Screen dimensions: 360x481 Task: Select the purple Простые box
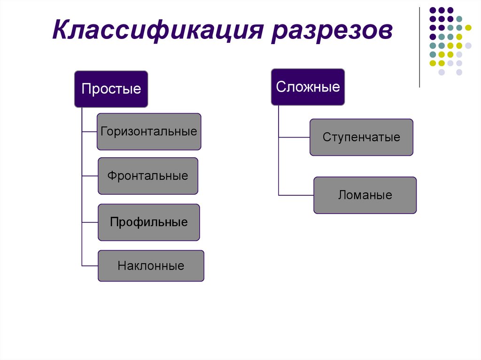(x=111, y=89)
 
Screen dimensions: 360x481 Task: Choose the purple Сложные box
(x=308, y=87)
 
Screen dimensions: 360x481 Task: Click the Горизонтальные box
(x=149, y=131)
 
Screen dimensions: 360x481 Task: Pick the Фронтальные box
(x=148, y=176)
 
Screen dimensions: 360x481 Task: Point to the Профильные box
(x=149, y=222)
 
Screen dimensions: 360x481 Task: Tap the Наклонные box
(x=151, y=266)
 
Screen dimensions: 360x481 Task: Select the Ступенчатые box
(x=361, y=137)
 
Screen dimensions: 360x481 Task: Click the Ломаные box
(x=365, y=195)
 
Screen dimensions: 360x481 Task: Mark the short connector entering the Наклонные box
(x=90, y=266)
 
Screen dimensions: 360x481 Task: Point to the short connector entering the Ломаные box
(x=296, y=195)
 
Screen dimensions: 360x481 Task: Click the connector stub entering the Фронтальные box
(x=90, y=176)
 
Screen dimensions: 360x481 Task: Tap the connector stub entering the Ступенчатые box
(x=294, y=137)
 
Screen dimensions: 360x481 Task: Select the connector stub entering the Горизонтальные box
(x=89, y=131)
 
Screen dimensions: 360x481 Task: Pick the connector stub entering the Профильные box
(x=90, y=222)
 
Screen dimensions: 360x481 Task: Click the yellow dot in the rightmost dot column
(x=468, y=28)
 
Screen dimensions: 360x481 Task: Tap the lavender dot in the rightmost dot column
(x=468, y=46)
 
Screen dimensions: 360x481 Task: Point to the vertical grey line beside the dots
(x=419, y=47)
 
